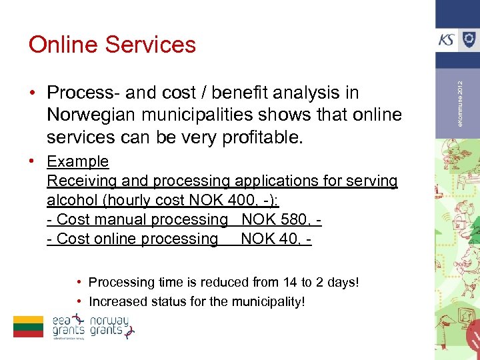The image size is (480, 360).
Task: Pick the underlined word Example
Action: click(78, 161)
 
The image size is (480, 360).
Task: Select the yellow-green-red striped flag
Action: click(28, 326)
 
